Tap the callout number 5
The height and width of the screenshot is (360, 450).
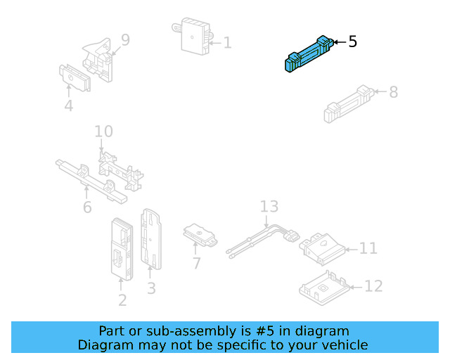coord(352,42)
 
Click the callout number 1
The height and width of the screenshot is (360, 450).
coord(227,43)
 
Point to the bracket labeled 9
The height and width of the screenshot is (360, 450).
coord(98,58)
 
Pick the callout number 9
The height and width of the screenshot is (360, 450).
coord(125,40)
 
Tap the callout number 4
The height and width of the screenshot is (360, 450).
coord(68,107)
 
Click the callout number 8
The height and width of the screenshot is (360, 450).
coord(393,91)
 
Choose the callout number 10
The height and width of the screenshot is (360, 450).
coord(103,131)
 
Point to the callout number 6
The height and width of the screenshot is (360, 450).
coord(87,207)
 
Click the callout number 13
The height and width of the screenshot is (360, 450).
coord(269,207)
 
